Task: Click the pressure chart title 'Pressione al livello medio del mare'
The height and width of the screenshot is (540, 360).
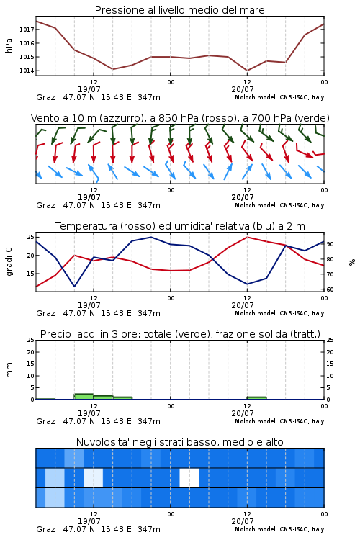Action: coord(179,10)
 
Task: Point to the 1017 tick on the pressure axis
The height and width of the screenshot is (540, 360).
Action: coord(27,30)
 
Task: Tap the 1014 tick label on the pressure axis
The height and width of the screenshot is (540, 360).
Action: coord(27,71)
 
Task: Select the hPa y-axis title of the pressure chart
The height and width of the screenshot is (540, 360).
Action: coord(9,46)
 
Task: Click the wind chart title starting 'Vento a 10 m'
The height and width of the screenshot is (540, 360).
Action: coord(180,118)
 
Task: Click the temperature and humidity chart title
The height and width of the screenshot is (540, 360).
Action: coord(180,226)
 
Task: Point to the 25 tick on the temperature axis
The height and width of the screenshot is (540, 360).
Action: coord(31,237)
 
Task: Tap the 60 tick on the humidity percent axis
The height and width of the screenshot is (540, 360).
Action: coord(330,289)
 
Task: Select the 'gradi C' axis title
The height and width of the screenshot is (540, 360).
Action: coord(9,262)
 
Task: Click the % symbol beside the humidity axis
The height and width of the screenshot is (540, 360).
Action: coord(352,262)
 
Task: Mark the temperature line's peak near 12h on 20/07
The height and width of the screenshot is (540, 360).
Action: coord(247,237)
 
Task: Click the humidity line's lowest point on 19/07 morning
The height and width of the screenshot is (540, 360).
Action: coord(74,286)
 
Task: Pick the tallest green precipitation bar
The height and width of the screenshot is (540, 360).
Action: coord(84,397)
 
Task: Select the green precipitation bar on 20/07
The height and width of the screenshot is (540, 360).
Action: coord(256,398)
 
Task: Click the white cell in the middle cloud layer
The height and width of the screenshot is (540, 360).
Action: coord(189,478)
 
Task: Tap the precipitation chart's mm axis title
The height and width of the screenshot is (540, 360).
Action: coord(9,370)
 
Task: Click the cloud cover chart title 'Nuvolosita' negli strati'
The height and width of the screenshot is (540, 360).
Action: coord(179,442)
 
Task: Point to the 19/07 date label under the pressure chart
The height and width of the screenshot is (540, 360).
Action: coord(89,89)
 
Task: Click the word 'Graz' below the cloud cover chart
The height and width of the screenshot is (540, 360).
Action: coord(45,529)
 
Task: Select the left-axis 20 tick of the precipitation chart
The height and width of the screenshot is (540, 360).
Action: coord(31,352)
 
